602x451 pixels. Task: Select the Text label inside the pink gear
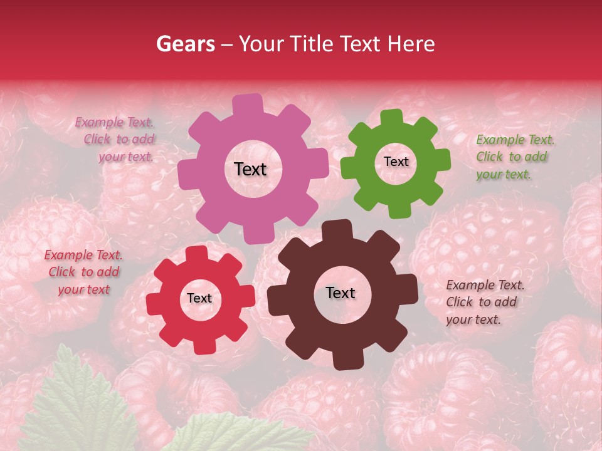click(x=250, y=169)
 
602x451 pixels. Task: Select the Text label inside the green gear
click(x=396, y=162)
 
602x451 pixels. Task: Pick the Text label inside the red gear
click(x=199, y=298)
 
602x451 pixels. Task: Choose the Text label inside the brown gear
click(x=341, y=293)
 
